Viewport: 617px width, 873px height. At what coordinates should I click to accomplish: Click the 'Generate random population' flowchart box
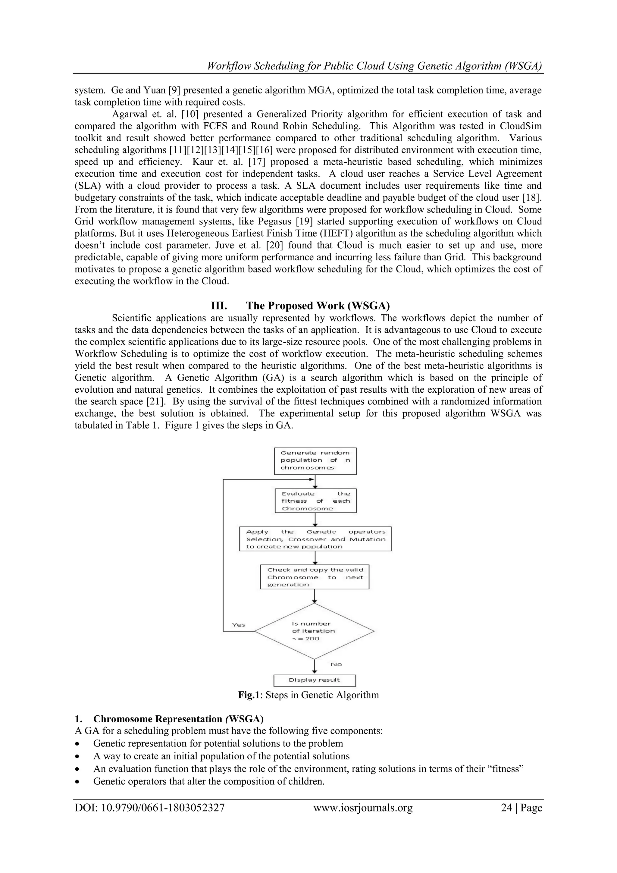315,460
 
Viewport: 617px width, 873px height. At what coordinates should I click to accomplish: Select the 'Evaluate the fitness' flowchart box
315,501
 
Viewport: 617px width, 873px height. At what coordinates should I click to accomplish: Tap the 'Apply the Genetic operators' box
315,539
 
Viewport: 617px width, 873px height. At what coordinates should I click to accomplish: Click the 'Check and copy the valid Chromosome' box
315,577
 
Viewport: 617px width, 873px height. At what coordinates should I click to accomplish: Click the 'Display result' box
315,680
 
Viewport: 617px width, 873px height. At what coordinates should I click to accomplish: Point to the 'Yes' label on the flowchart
239,625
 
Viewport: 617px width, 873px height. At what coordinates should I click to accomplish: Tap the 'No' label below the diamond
336,664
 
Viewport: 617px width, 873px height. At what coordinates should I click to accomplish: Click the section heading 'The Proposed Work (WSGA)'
318,306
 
